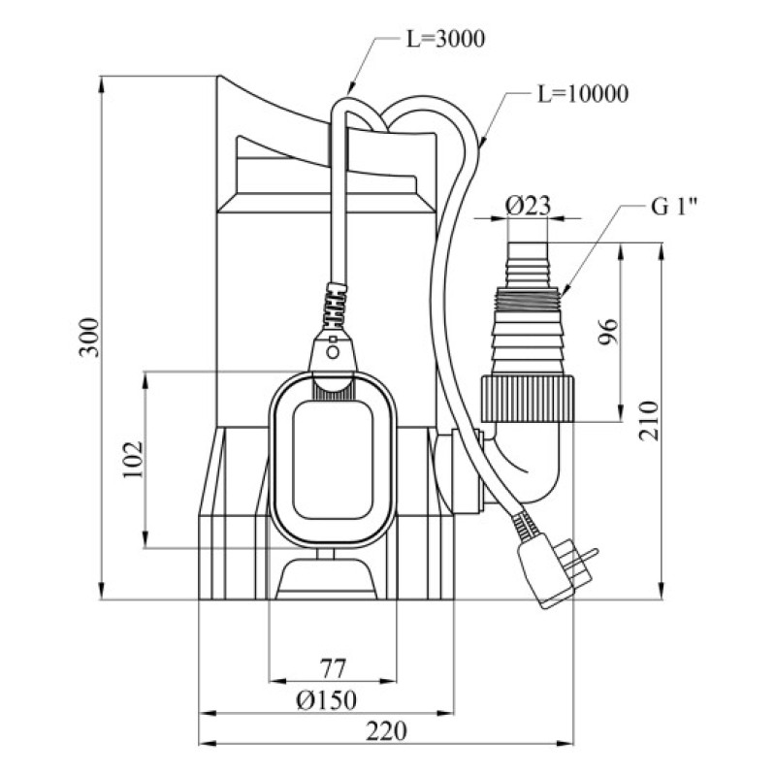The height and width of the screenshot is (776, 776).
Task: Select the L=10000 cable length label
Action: point(582,94)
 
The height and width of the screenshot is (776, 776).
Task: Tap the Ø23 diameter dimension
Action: point(528,205)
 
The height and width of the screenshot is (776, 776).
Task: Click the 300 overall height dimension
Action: point(89,337)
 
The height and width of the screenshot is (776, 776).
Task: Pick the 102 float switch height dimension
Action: point(133,460)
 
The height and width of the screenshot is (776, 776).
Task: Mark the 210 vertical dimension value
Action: point(651,419)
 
